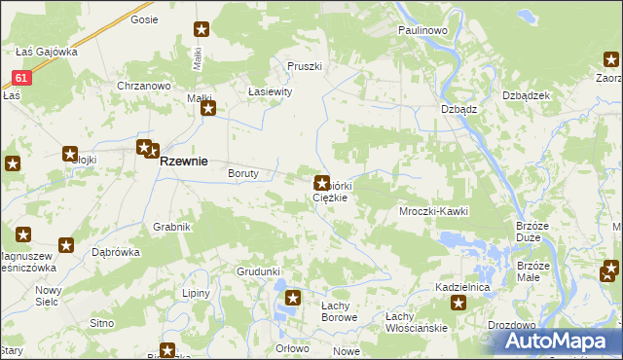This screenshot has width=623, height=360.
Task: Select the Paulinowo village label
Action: pos(421,31)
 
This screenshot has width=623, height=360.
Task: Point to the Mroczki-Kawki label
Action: pos(434,211)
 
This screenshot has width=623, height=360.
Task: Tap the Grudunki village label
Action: pos(258,271)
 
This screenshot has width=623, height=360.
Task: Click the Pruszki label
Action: pos(304,66)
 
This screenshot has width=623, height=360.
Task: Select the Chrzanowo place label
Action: pos(144,86)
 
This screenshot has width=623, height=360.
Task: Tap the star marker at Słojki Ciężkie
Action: pos(321,182)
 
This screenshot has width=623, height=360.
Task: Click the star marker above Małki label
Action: pos(202,30)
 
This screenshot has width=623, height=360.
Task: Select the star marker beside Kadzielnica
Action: pos(458,304)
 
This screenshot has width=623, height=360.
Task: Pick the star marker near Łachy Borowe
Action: pos(293,298)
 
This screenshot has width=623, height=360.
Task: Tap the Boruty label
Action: pos(242,174)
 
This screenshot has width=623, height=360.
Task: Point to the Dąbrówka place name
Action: pos(116,251)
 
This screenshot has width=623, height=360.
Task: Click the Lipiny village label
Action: pos(198,292)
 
